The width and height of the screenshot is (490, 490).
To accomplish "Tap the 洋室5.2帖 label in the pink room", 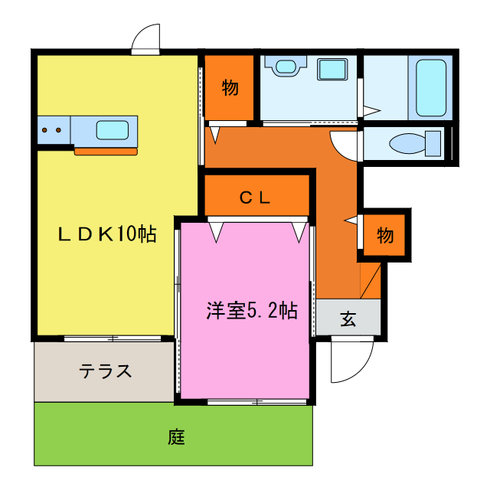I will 251,311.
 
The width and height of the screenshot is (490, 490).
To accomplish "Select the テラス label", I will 106,372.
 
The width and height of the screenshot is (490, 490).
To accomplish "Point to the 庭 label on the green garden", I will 176,438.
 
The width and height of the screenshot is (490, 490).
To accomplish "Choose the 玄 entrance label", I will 348,319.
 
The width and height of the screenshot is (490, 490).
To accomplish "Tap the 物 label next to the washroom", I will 230,87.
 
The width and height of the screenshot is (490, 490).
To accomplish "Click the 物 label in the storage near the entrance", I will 384,235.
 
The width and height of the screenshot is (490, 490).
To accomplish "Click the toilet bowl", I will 405,143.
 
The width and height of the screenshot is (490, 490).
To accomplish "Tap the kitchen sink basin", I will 112,129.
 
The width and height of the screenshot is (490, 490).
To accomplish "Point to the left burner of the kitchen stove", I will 45,129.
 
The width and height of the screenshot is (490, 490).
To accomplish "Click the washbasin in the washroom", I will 286,67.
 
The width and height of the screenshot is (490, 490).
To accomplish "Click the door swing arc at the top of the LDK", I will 145,38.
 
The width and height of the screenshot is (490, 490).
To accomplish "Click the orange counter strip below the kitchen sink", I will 106,151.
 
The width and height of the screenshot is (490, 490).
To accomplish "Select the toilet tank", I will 433,143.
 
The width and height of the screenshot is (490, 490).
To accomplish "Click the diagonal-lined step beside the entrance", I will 371,279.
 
